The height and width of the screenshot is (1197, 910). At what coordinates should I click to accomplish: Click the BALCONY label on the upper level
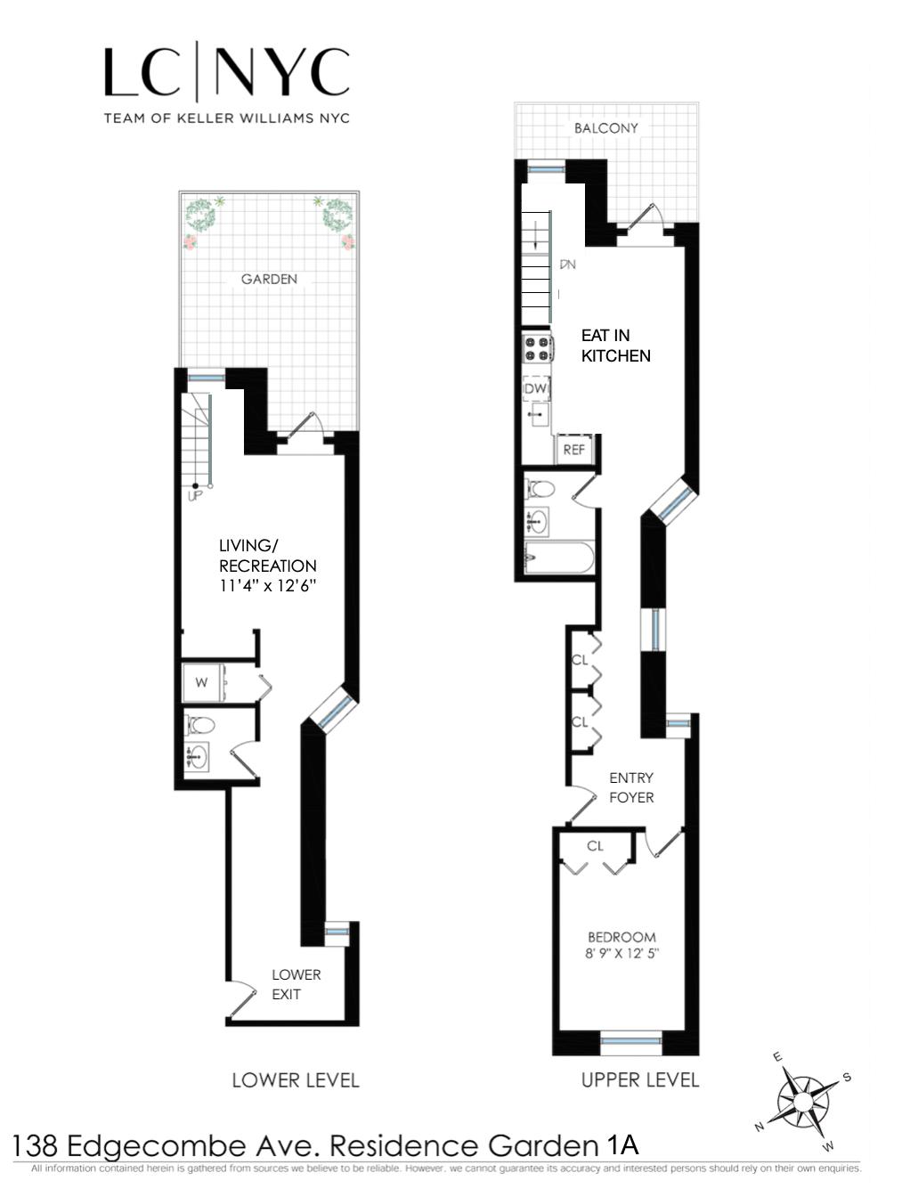605,128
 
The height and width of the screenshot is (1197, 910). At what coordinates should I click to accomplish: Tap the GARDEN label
269,280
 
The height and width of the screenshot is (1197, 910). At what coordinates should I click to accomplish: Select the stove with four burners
537,348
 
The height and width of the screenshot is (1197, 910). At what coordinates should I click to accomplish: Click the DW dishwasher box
536,389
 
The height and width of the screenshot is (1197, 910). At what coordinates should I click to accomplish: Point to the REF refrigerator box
574,450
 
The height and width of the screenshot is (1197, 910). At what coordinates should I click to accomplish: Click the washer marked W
202,683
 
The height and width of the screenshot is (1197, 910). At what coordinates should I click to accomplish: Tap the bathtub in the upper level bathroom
558,559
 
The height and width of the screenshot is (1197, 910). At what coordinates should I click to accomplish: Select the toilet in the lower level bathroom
199,724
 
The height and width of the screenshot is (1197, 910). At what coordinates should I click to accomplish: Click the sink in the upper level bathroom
537,521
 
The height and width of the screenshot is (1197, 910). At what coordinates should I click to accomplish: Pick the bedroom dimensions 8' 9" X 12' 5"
622,954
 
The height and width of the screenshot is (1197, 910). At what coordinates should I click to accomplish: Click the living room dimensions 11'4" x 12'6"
268,586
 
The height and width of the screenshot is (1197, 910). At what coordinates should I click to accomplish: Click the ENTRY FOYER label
631,787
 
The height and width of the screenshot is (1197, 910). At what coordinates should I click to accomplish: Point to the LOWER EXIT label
296,984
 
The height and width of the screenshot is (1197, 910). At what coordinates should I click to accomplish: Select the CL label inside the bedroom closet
595,846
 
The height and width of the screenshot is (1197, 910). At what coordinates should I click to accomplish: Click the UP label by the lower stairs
195,495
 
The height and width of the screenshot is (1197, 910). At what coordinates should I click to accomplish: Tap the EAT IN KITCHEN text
615,346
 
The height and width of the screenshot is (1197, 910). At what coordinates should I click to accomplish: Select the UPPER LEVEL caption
639,1080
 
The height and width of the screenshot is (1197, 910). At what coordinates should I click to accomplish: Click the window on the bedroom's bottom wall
631,1042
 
